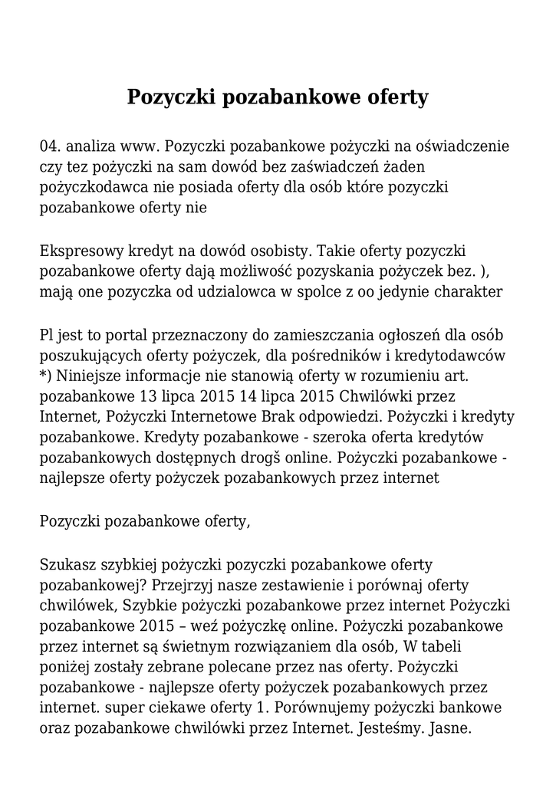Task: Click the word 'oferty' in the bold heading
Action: coord(391,98)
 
